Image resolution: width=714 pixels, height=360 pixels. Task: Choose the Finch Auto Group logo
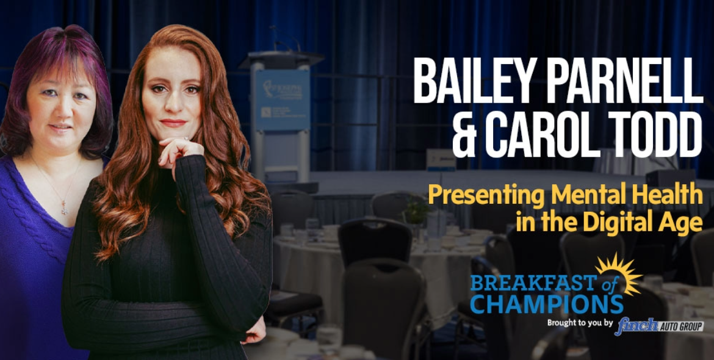[660, 326]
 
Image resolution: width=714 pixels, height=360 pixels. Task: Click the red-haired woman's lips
[173, 123]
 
